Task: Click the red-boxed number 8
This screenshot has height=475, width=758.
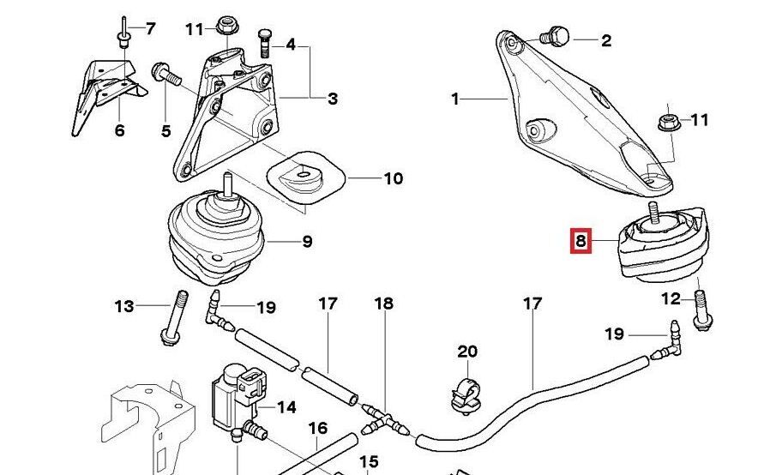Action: (x=581, y=242)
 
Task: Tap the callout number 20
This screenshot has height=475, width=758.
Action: (x=466, y=352)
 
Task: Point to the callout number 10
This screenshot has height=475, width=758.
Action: (x=392, y=179)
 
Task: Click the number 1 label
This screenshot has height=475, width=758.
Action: (x=456, y=99)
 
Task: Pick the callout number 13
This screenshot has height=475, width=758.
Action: (x=125, y=305)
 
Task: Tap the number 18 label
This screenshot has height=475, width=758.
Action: (x=383, y=303)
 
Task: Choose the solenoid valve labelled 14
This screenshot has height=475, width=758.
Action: (x=236, y=393)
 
